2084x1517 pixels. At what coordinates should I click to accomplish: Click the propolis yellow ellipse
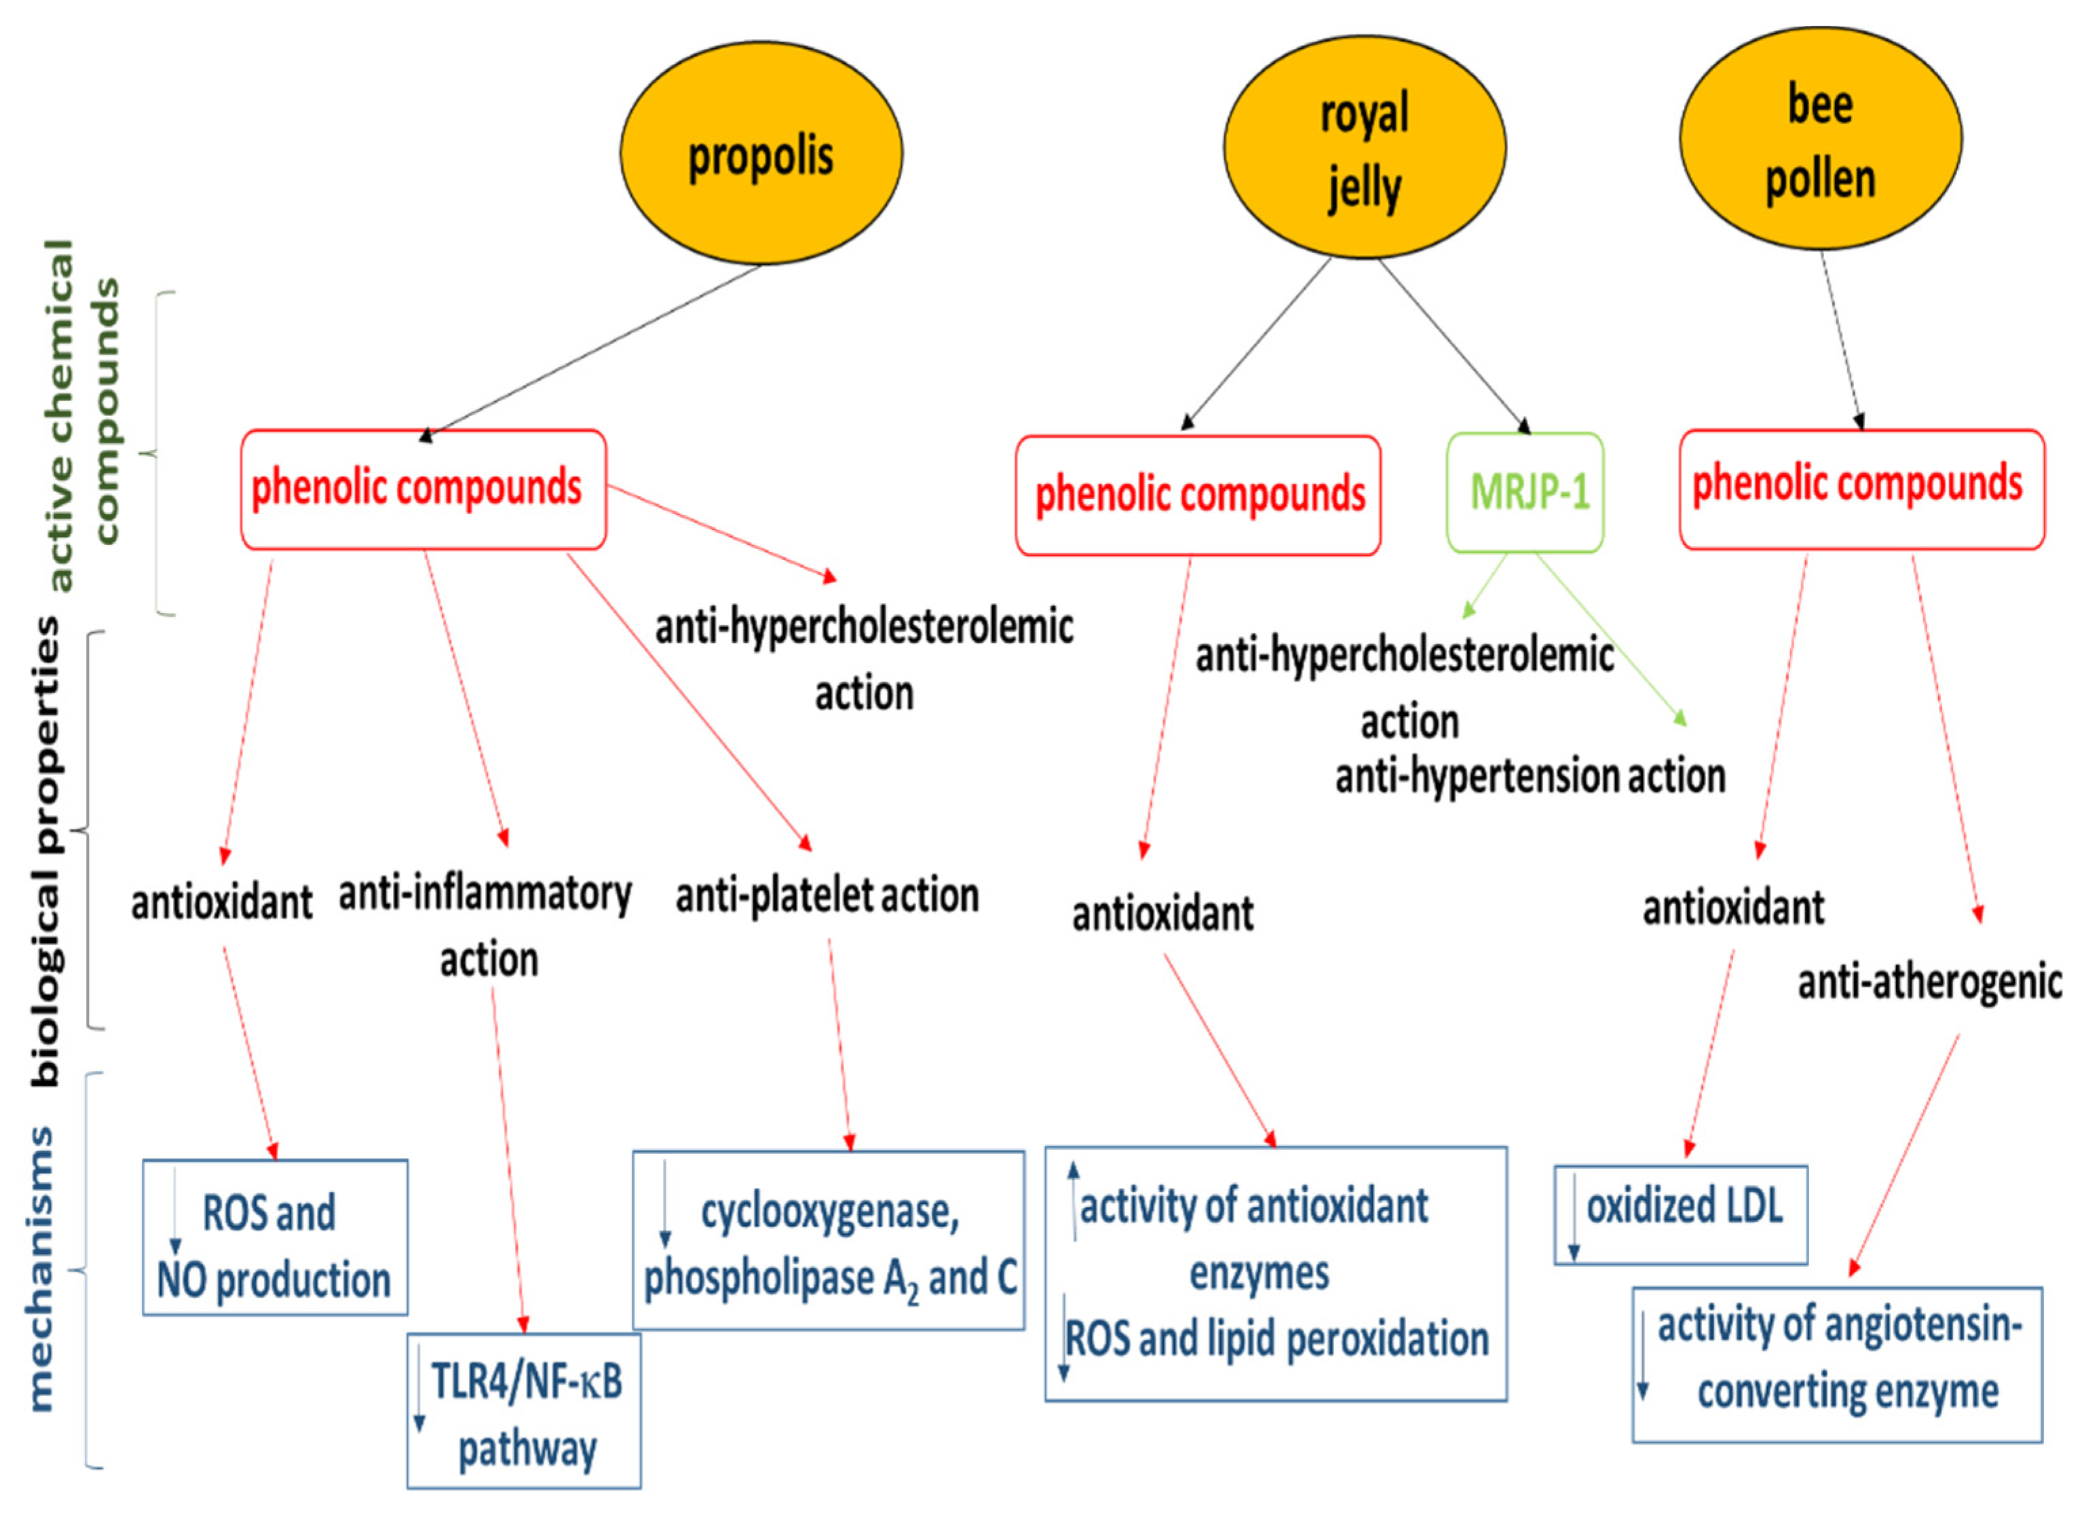click(x=761, y=153)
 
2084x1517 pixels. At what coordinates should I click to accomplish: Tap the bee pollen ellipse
click(x=1820, y=138)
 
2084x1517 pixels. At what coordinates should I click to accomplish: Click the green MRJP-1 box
click(x=1526, y=493)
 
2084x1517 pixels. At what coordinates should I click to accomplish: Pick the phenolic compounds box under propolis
click(x=423, y=489)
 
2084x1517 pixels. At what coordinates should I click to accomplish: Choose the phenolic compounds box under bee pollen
click(x=1861, y=489)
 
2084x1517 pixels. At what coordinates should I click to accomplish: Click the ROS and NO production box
click(x=275, y=1237)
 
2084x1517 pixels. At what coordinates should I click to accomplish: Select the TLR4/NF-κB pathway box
click(x=524, y=1411)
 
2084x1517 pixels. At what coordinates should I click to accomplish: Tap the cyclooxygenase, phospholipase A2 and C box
click(x=828, y=1241)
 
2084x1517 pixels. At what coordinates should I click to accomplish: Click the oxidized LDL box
click(x=1681, y=1215)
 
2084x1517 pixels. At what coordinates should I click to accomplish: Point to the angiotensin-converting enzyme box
click(x=1837, y=1364)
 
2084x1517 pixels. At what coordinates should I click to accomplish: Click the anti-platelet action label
click(x=827, y=896)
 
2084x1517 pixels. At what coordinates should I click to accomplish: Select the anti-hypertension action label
click(x=1530, y=776)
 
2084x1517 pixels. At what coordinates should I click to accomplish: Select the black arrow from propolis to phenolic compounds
click(x=592, y=349)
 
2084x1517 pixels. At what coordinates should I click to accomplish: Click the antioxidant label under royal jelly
click(x=1162, y=914)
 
